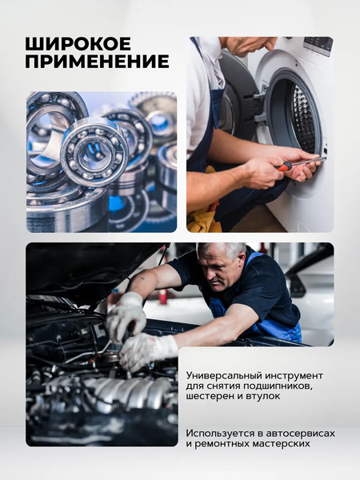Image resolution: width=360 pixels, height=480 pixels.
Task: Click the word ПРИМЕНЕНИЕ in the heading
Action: pos(97,62)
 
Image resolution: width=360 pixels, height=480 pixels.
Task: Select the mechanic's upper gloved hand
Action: pos(126,313)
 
